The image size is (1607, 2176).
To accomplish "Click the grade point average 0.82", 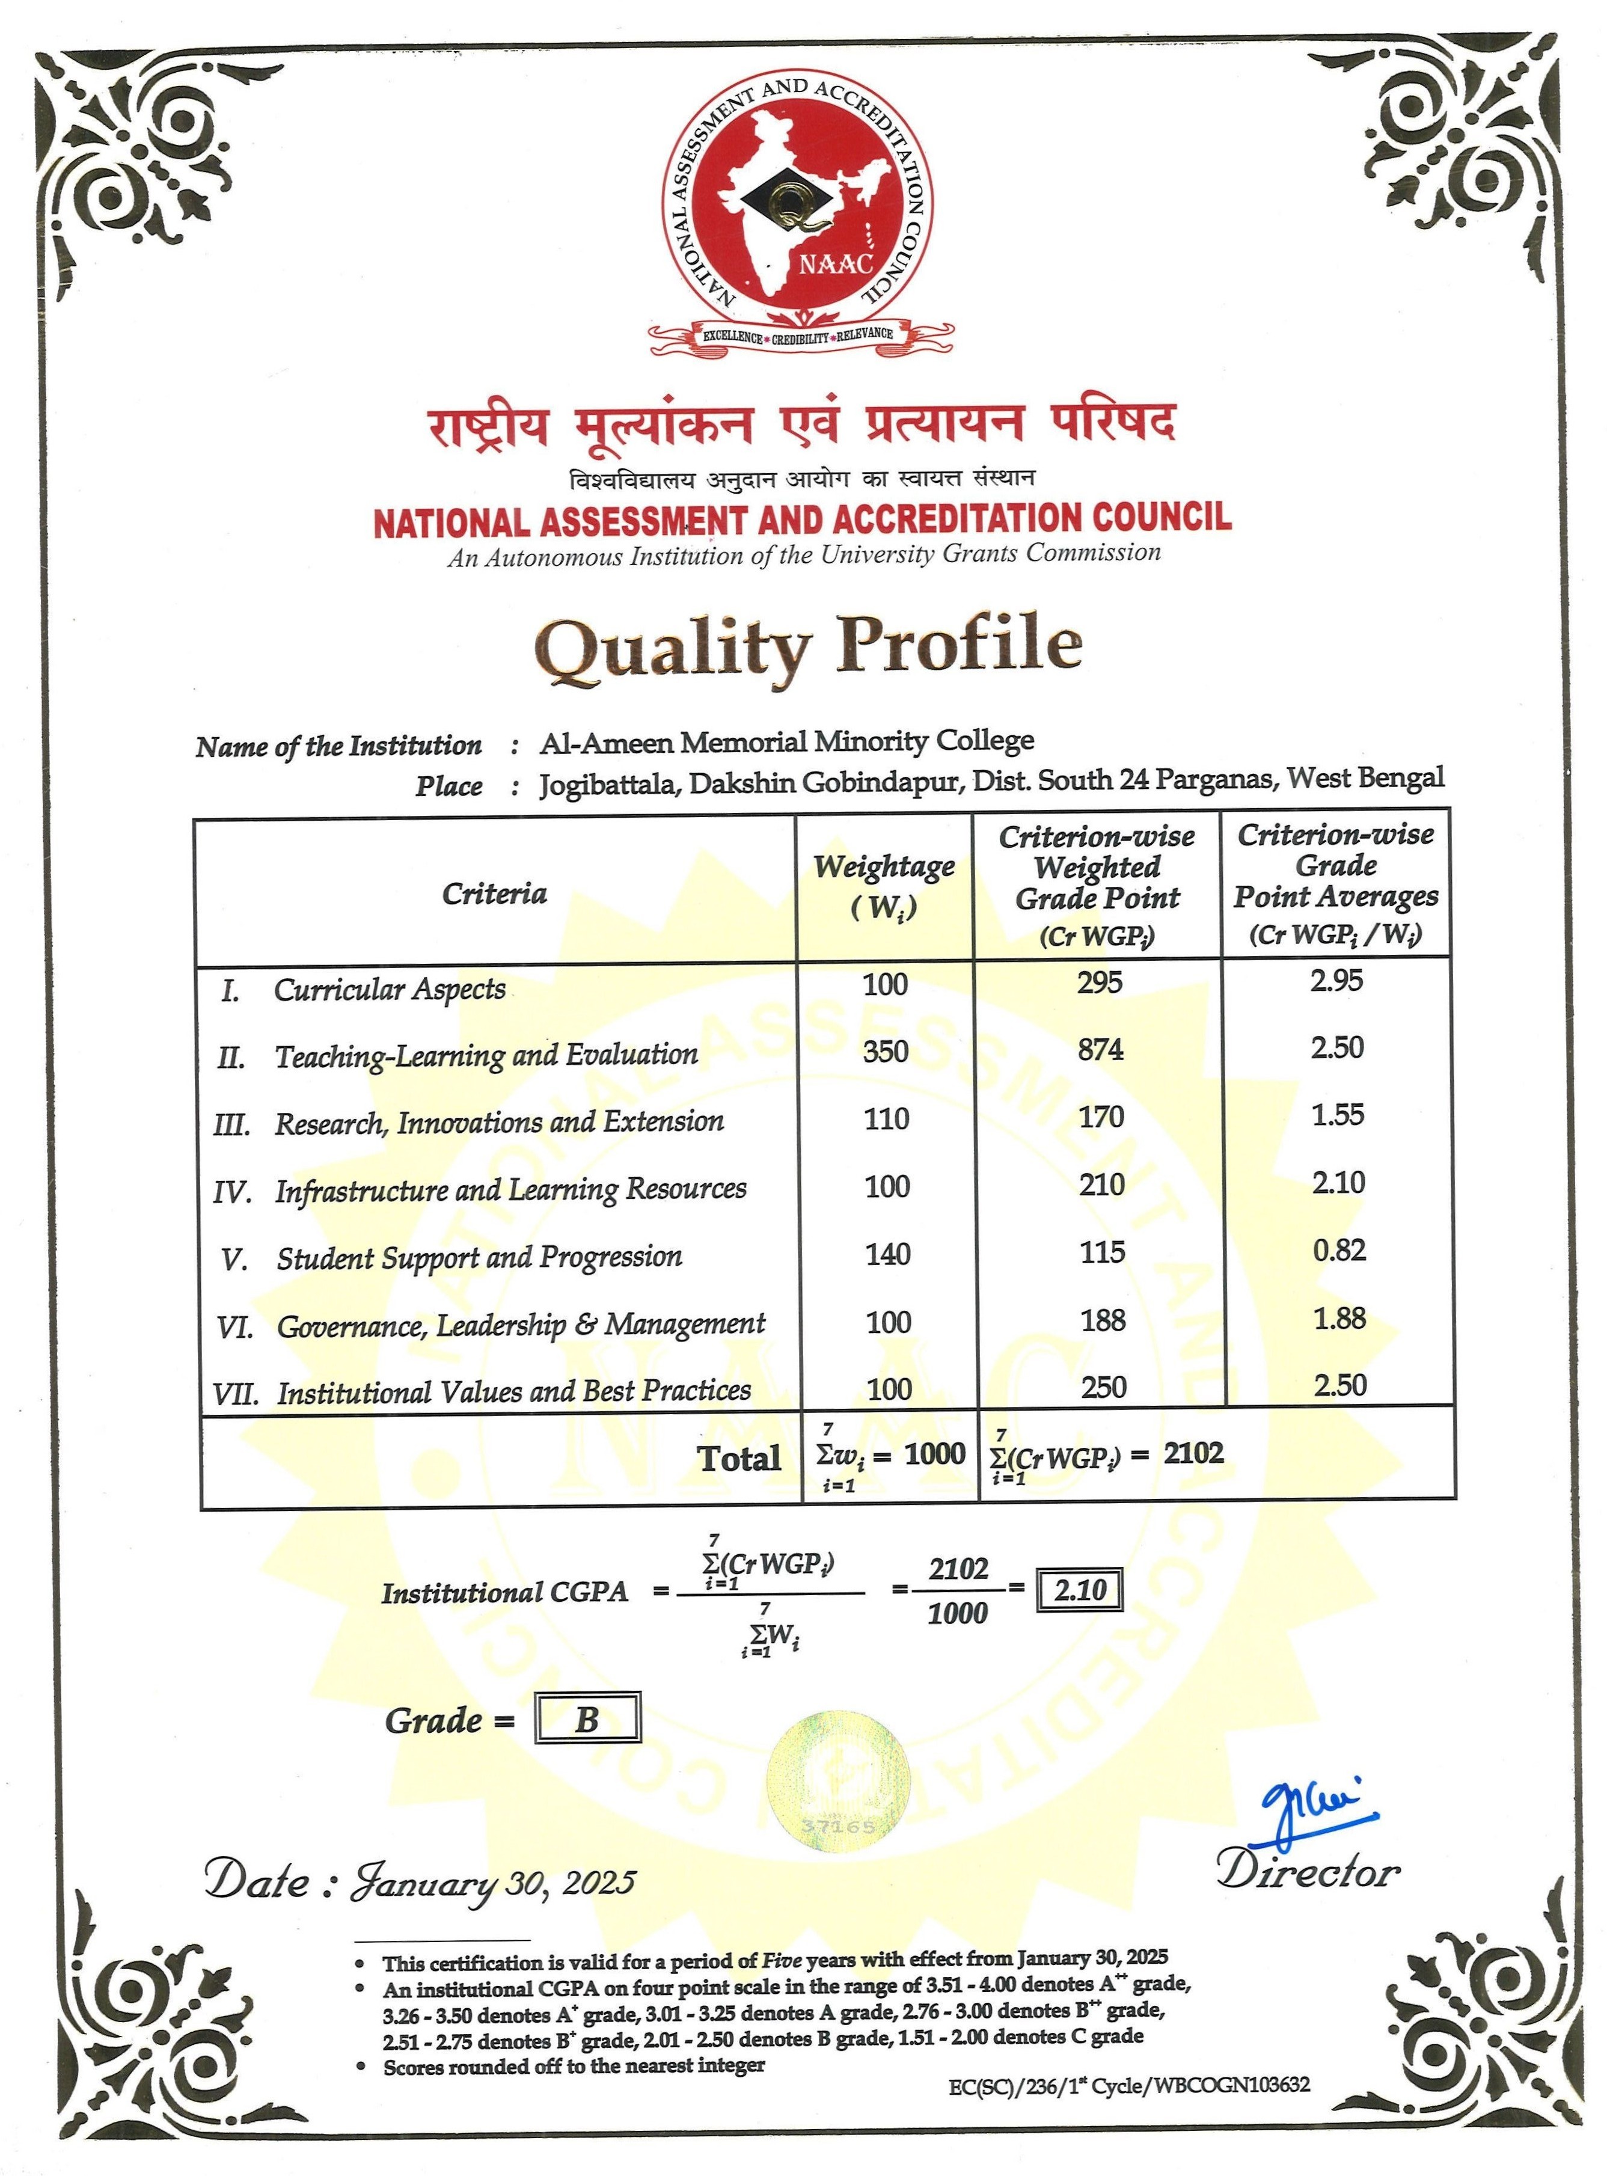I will click(x=1339, y=1250).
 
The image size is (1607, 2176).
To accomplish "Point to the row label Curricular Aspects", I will click(x=389, y=989).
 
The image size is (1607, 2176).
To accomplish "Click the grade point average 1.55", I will click(x=1338, y=1115).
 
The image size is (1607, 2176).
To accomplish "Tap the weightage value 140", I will click(x=888, y=1254).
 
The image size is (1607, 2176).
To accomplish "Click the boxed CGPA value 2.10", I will click(x=1080, y=1590).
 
